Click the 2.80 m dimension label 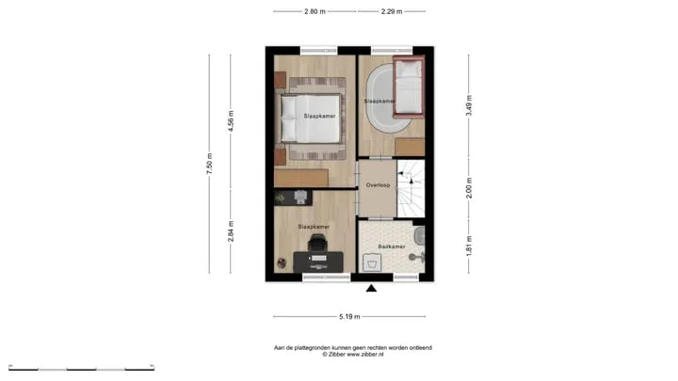315,11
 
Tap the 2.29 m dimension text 392,11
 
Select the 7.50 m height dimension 209,164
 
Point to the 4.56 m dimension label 231,121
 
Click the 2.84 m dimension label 231,231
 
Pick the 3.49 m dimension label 469,105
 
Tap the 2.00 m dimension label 469,188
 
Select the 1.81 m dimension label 469,246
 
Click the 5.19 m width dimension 349,317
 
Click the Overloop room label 378,185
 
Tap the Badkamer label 392,246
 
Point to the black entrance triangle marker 371,288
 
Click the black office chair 318,243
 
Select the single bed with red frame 409,87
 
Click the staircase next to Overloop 411,189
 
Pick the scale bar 81,369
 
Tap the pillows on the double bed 288,119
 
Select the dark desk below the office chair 318,262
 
